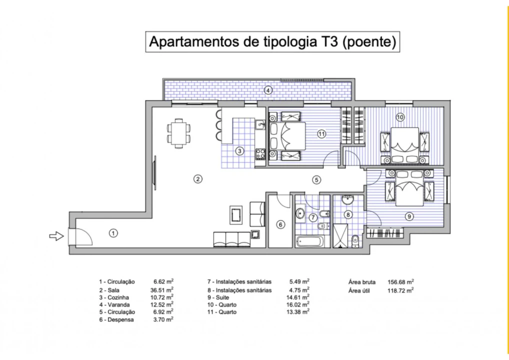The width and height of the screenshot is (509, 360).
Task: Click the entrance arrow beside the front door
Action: pyautogui.click(x=55, y=236)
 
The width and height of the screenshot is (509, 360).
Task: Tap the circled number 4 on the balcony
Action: pyautogui.click(x=268, y=90)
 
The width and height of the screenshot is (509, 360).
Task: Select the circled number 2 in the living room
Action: pyautogui.click(x=198, y=178)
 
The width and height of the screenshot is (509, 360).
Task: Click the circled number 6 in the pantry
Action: pyautogui.click(x=280, y=224)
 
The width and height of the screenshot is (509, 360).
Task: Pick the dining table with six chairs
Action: pyautogui.click(x=178, y=133)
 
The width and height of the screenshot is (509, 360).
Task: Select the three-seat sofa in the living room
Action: pyautogui.click(x=232, y=238)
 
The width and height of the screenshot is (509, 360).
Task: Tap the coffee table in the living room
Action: pyautogui.click(x=236, y=215)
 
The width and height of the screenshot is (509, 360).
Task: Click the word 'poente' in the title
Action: pyautogui.click(x=368, y=42)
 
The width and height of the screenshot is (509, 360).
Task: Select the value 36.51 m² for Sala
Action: pyautogui.click(x=163, y=289)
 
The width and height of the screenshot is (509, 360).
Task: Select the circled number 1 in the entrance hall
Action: pyautogui.click(x=113, y=232)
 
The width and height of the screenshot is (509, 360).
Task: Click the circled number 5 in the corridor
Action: pyautogui.click(x=316, y=179)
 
